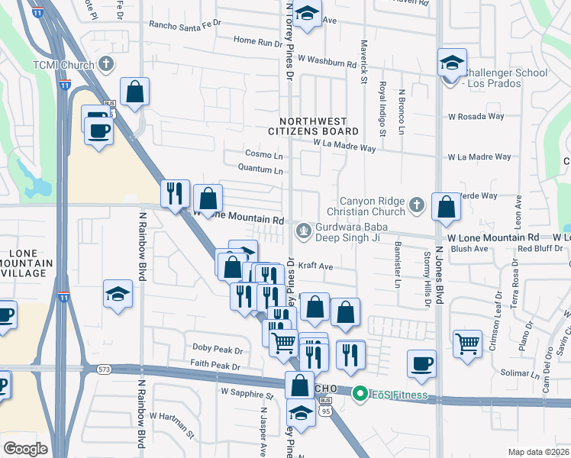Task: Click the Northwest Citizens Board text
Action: point(313,127)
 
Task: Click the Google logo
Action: point(25,448)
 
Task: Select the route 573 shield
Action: point(105,369)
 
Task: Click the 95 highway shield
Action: point(327,412)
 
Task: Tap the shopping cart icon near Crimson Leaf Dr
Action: point(467,342)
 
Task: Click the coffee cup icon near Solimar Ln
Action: point(421,363)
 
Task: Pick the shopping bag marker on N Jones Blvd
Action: point(446,206)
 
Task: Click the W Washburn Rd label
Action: point(327,58)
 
